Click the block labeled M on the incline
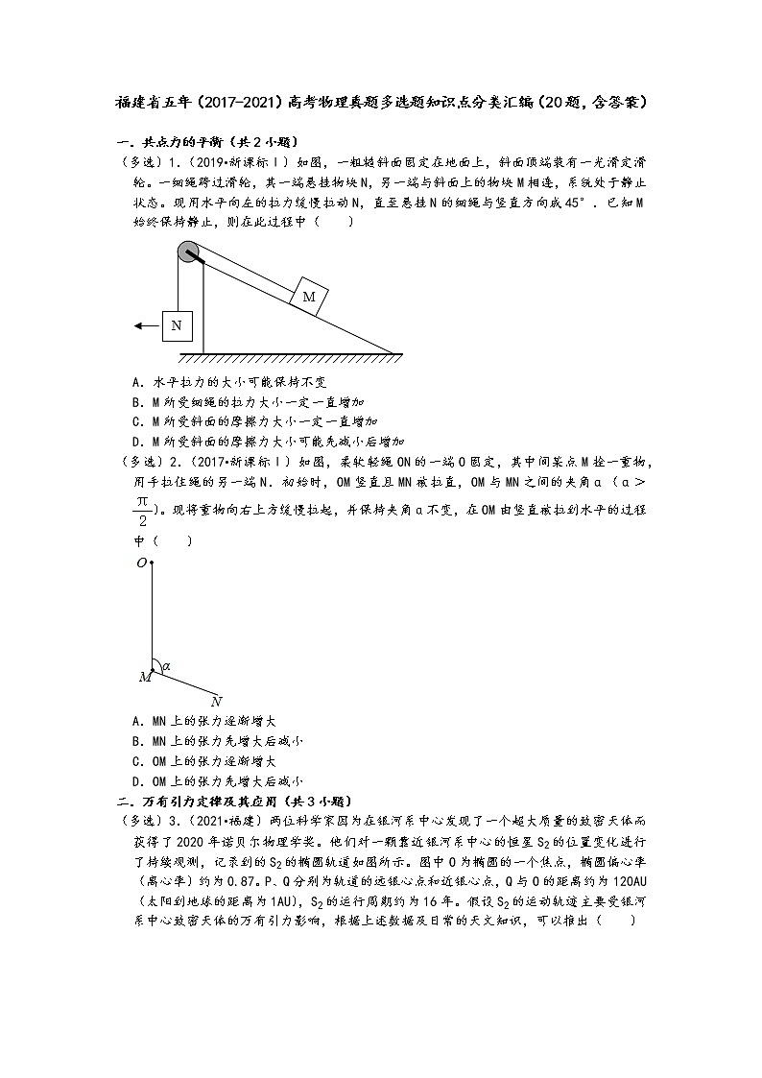[309, 297]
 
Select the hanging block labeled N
[177, 325]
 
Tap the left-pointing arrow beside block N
[146, 325]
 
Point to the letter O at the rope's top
[141, 563]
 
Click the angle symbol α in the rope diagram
[167, 665]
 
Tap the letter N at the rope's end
[217, 701]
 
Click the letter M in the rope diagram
[144, 677]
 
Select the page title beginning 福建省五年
[380, 101]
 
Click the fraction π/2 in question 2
[141, 510]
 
